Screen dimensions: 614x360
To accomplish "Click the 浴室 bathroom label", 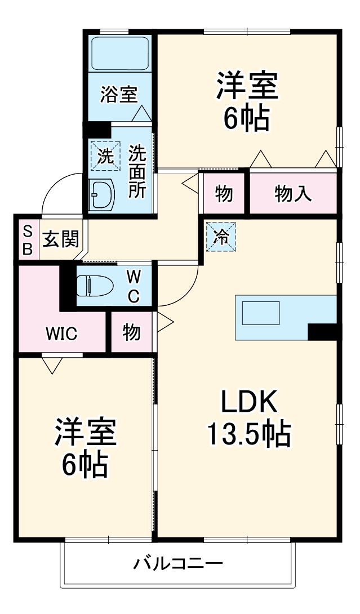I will [118, 95].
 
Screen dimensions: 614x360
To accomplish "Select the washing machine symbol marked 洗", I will [105, 154].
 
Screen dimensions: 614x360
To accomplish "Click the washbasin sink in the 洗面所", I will [102, 195].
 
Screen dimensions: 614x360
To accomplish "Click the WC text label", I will [134, 286].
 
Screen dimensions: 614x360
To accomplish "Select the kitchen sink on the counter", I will [261, 313].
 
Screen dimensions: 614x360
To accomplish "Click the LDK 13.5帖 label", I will [248, 417].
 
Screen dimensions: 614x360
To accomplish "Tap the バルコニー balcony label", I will [178, 563].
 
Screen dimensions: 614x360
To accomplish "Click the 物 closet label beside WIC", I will [132, 333].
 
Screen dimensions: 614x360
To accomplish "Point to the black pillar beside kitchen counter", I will [322, 332].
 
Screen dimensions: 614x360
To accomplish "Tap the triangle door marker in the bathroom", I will [141, 114].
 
